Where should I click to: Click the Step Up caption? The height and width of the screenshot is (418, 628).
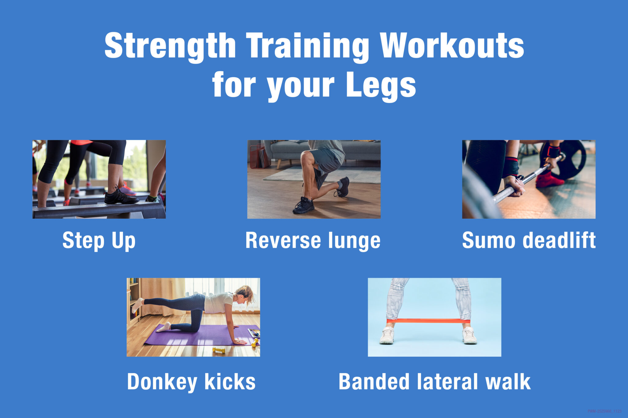pyautogui.click(x=99, y=241)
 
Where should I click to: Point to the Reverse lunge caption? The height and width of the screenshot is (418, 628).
pyautogui.click(x=313, y=241)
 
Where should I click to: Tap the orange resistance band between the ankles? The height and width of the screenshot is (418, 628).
pyautogui.click(x=428, y=321)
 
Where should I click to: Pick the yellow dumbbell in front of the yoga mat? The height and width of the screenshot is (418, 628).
pyautogui.click(x=219, y=350)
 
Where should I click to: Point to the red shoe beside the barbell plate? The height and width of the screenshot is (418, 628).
pyautogui.click(x=549, y=181)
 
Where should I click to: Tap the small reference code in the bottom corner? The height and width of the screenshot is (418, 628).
pyautogui.click(x=604, y=411)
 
